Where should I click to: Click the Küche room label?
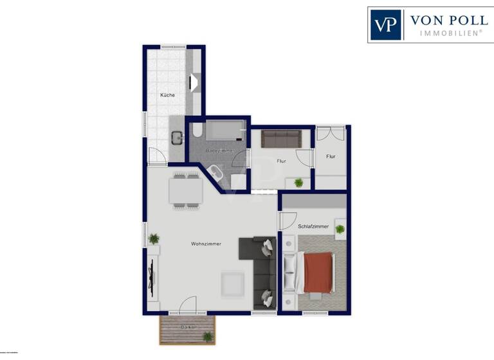tap(167, 95)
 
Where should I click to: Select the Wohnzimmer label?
tap(206, 244)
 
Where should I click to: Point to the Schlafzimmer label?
tap(313, 226)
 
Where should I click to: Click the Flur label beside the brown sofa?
tap(281, 161)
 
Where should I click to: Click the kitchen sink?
tap(177, 136)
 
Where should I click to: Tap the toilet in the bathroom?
tap(197, 131)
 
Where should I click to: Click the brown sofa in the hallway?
tap(281, 138)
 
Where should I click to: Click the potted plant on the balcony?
tap(207, 336)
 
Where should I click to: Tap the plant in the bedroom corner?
tap(340, 229)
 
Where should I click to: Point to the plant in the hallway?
tap(298, 183)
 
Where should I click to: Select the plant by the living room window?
tap(153, 239)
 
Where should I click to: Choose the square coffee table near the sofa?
tap(232, 283)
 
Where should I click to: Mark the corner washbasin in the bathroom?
tap(214, 174)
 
